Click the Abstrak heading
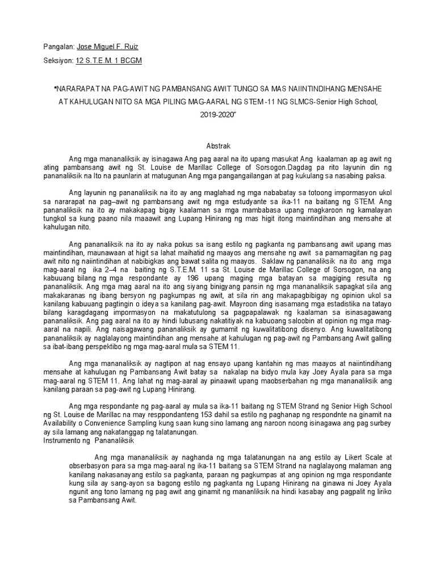pos(217,146)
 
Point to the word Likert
pos(342,457)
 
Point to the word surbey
pos(378,423)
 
